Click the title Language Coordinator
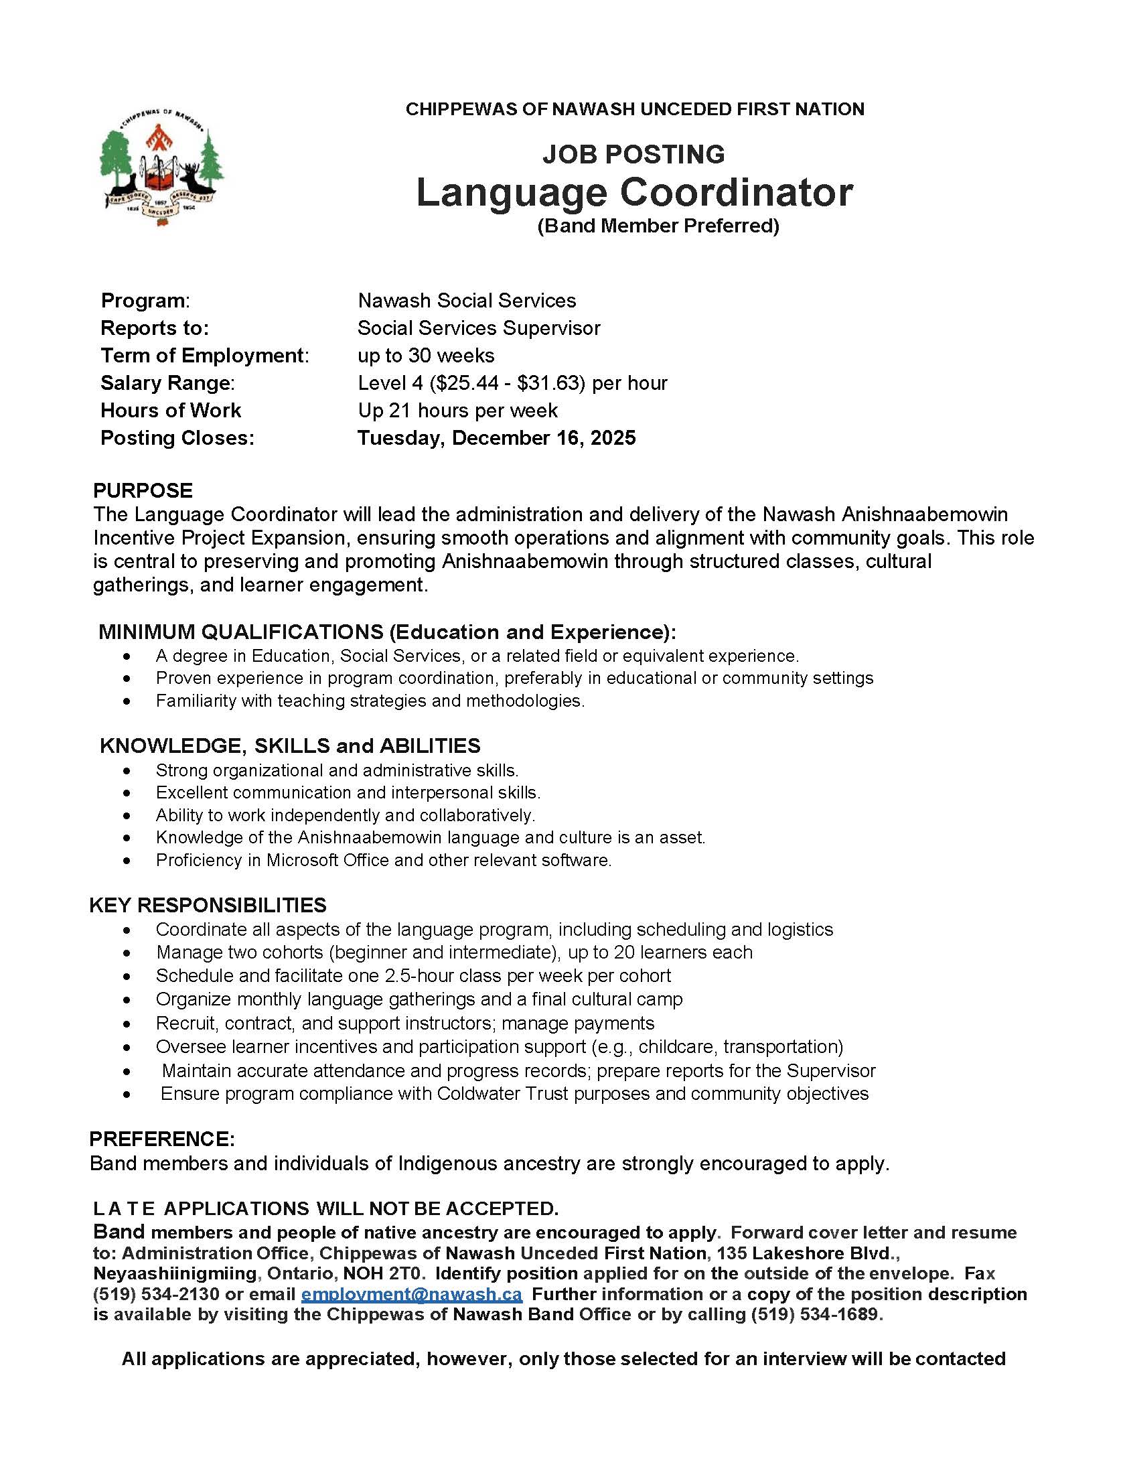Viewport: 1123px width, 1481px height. (634, 192)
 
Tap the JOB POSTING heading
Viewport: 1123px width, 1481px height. (633, 154)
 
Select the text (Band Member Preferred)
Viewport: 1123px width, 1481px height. (658, 226)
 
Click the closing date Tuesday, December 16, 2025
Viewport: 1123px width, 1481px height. (496, 438)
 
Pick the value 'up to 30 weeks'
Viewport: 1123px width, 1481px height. (426, 356)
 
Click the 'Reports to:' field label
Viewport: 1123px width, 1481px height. (155, 328)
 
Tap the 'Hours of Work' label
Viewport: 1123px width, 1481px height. (171, 411)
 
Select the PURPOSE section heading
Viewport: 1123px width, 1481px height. (143, 491)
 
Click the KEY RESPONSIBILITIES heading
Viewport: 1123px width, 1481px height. (208, 906)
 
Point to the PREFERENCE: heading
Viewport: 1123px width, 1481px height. (162, 1139)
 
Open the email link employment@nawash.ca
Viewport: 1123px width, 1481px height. (411, 1294)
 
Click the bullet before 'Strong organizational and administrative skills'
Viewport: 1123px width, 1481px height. (127, 771)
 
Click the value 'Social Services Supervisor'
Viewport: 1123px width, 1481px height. (479, 328)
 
